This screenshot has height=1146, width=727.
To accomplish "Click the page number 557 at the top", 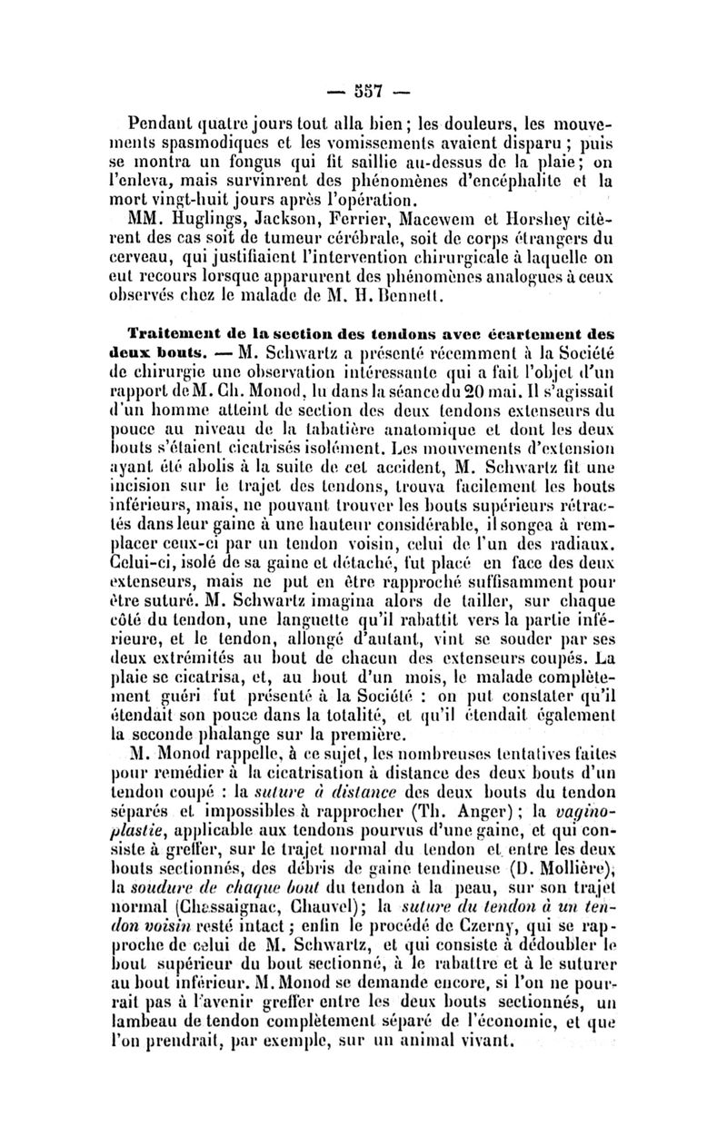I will pyautogui.click(x=362, y=93).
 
